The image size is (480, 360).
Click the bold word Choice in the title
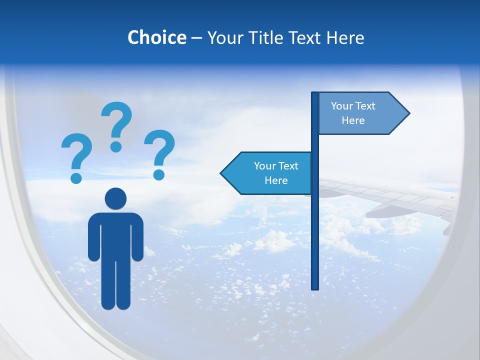pyautogui.click(x=156, y=37)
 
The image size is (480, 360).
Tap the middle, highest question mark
pyautogui.click(x=116, y=122)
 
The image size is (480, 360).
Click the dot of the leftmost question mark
pyautogui.click(x=76, y=177)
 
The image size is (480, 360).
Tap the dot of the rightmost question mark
pyautogui.click(x=159, y=174)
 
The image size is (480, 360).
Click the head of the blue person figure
pyautogui.click(x=115, y=198)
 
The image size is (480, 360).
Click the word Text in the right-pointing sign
pyautogui.click(x=365, y=106)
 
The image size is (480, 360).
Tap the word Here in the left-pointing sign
pyautogui.click(x=276, y=180)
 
